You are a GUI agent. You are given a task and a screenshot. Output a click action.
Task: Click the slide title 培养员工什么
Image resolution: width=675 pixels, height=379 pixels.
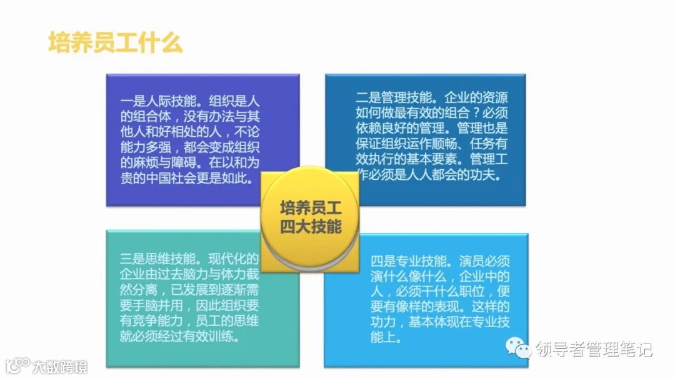[116, 42]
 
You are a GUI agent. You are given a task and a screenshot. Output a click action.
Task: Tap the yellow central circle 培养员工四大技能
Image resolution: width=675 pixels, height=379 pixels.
[310, 216]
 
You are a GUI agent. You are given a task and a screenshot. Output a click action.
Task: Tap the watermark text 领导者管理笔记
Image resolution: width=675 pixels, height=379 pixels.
[594, 349]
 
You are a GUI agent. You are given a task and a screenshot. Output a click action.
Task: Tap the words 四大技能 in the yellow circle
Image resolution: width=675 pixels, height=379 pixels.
[310, 225]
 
